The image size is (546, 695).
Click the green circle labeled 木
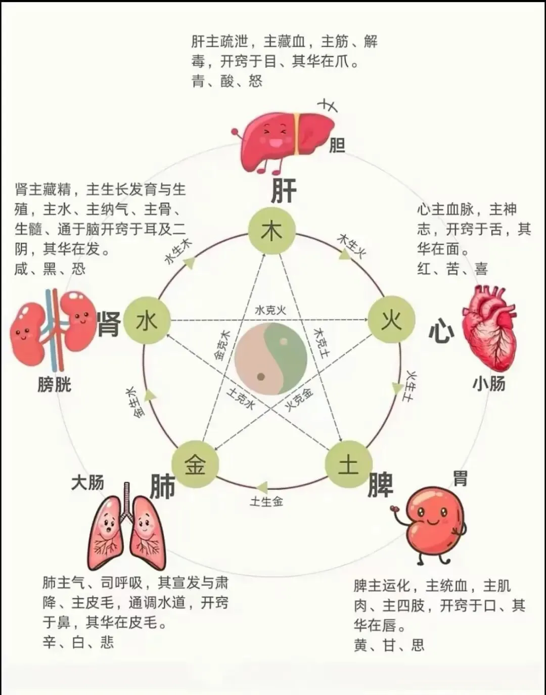(271, 231)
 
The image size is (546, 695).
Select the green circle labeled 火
(391, 320)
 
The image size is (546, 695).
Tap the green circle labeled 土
(348, 464)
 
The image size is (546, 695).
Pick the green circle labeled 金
(195, 464)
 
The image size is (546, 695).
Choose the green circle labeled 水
(147, 321)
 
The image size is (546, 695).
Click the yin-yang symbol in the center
(271, 359)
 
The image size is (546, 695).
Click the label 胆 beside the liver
(337, 146)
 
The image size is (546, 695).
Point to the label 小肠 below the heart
(489, 383)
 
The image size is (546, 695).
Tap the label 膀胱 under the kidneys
(54, 384)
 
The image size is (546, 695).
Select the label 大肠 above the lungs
(87, 482)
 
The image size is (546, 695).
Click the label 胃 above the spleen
(460, 477)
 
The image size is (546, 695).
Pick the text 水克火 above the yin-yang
(270, 310)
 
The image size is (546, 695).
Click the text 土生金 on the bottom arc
(266, 502)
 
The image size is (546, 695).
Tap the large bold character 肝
(284, 191)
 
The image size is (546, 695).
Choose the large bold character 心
(441, 331)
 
